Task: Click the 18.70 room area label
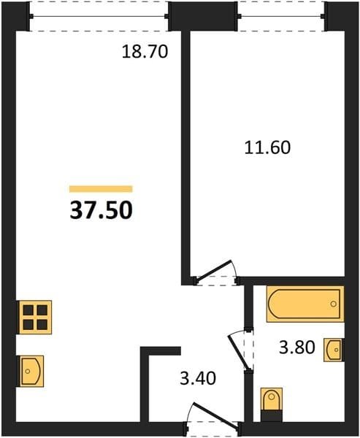click(145, 52)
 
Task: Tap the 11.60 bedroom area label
click(267, 147)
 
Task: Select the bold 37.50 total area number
click(101, 210)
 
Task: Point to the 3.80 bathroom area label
click(297, 347)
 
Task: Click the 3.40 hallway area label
click(198, 378)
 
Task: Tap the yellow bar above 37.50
click(101, 189)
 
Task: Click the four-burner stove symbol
click(34, 317)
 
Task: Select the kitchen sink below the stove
click(30, 372)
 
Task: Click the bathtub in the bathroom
click(305, 304)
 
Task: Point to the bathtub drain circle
click(333, 304)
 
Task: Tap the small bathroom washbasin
click(334, 350)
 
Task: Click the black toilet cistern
click(271, 416)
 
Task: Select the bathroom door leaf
click(238, 352)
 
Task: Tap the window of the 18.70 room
click(99, 17)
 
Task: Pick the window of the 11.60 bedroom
click(282, 17)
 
